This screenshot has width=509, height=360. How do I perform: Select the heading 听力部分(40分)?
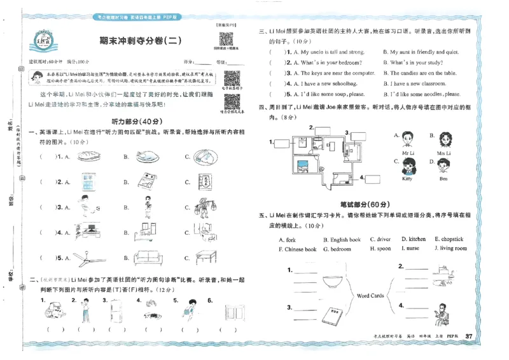click(131, 120)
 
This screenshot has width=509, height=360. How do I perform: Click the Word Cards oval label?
click(370, 295)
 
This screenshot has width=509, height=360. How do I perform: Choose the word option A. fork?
click(287, 240)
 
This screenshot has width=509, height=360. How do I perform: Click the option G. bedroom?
click(337, 249)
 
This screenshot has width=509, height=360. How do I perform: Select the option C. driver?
click(380, 240)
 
